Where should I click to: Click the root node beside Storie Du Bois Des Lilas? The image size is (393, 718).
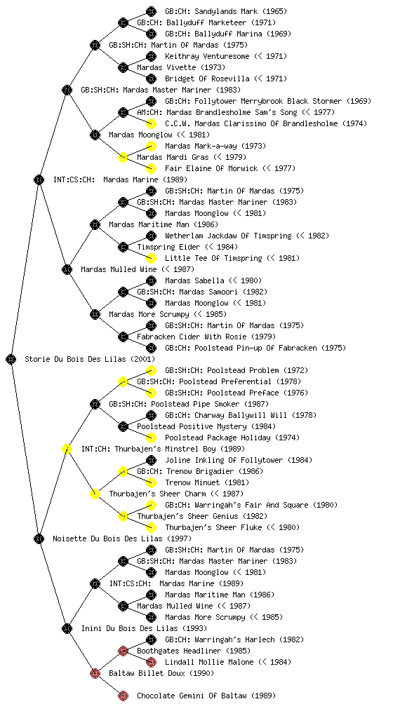[x=11, y=359]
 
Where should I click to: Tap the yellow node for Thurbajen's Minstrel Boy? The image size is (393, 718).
[x=67, y=449]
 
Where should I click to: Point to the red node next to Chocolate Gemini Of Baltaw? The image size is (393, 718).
[x=123, y=696]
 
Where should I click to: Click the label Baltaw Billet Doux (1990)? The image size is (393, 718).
[x=161, y=673]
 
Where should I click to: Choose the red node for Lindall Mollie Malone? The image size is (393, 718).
[x=151, y=662]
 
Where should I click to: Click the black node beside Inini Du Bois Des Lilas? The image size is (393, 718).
[x=67, y=628]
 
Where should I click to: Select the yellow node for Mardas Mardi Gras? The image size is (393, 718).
[x=123, y=157]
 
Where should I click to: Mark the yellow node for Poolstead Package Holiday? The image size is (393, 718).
[x=151, y=438]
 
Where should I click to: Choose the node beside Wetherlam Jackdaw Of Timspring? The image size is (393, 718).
[x=151, y=236]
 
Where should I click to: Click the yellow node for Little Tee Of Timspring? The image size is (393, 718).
[x=151, y=258]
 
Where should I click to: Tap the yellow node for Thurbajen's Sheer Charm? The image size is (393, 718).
[x=95, y=494]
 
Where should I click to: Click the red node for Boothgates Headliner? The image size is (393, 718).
[x=123, y=651]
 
